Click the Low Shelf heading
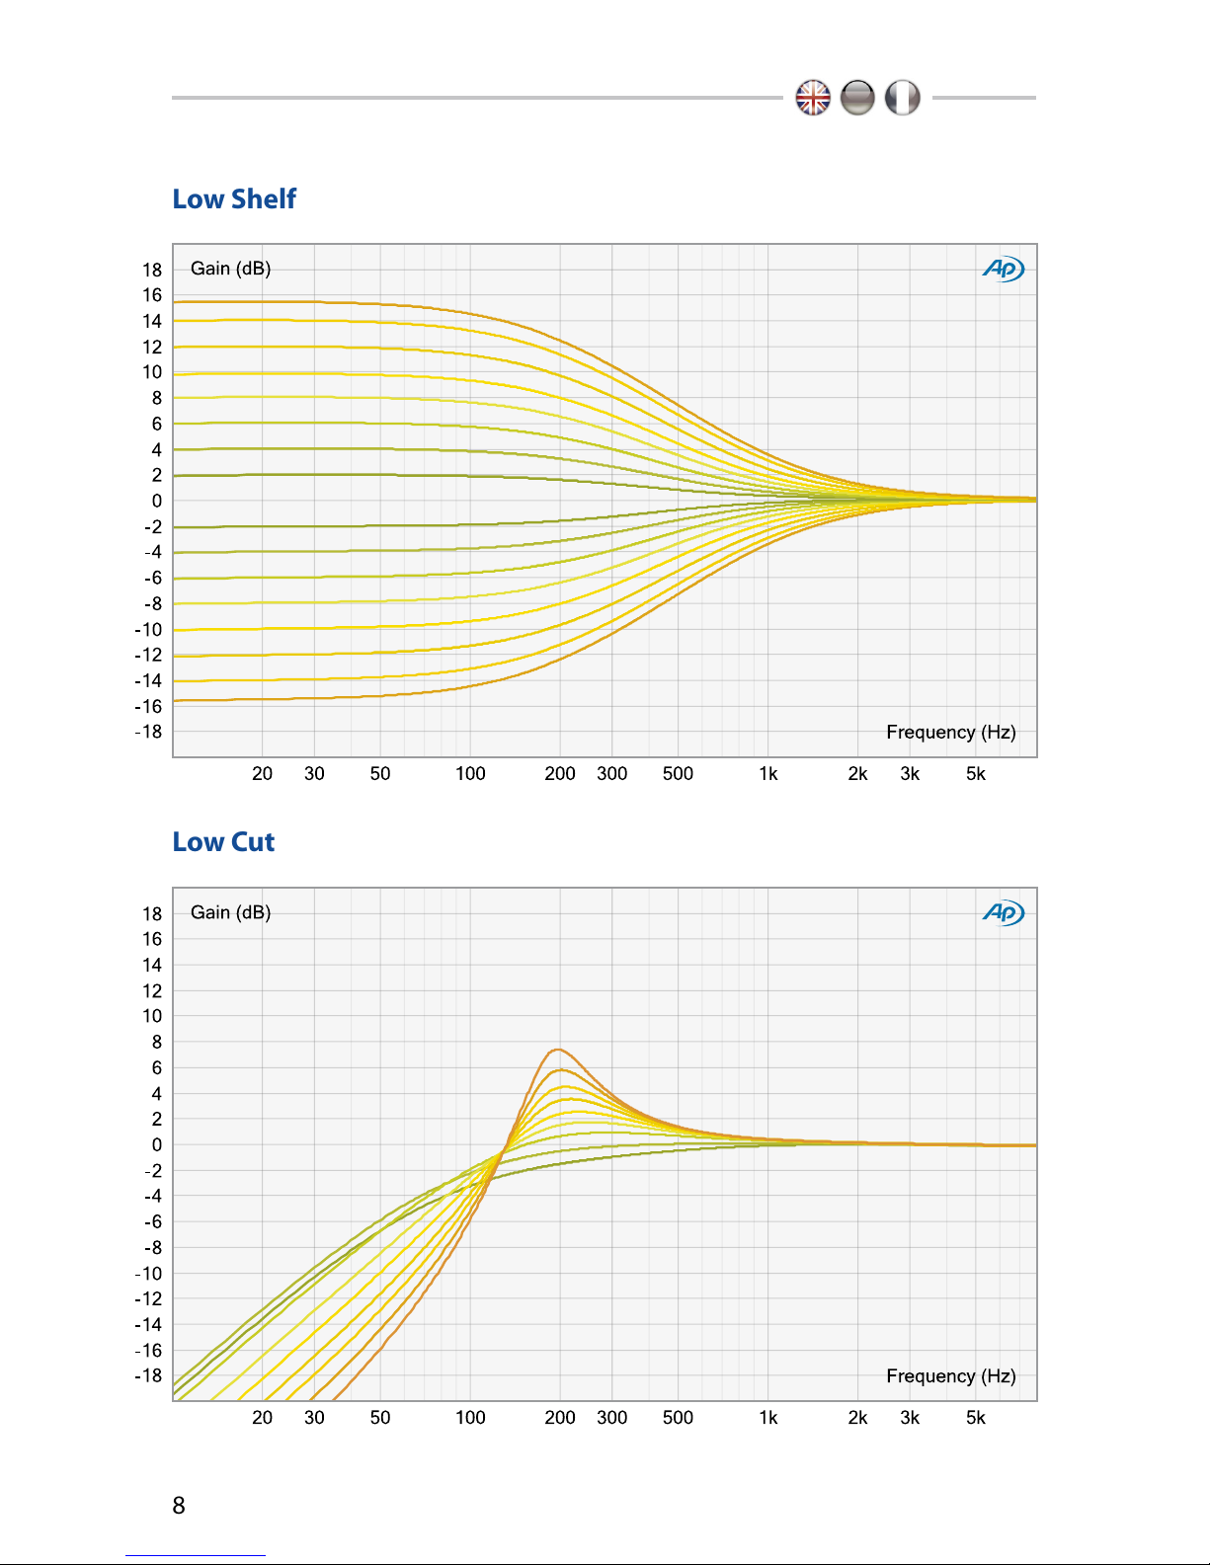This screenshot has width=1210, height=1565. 234,199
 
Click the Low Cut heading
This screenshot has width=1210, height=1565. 223,842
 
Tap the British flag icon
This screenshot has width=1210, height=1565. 813,98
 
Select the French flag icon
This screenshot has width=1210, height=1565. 902,98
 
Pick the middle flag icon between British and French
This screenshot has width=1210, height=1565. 857,98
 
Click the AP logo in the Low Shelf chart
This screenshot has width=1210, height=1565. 1003,269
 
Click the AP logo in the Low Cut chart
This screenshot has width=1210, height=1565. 1003,912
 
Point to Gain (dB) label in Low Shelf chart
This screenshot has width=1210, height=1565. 230,269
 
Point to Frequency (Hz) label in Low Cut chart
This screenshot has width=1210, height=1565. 950,1375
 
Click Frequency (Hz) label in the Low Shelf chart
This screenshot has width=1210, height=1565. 950,732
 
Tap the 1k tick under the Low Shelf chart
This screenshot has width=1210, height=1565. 767,774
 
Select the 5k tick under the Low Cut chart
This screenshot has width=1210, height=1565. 975,1418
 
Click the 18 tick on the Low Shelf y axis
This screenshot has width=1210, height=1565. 152,270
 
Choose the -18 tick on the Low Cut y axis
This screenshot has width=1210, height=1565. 148,1375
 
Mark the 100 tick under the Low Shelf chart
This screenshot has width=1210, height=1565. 470,774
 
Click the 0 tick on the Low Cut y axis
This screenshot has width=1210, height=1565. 156,1145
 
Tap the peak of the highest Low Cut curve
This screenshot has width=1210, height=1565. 558,1050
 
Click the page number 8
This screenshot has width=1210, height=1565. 179,1506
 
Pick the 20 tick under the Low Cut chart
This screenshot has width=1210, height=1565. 262,1418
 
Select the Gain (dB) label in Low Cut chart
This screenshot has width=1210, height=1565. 230,912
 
